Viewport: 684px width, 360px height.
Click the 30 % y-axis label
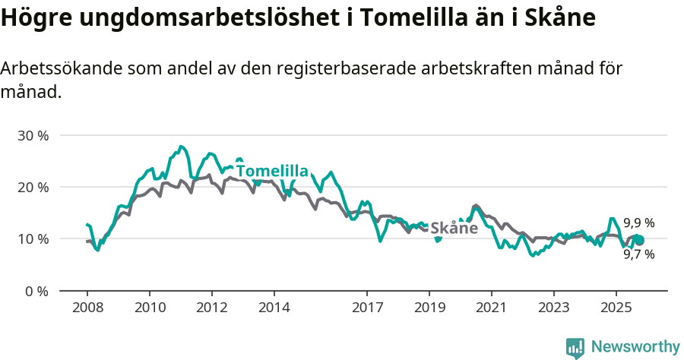(33, 135)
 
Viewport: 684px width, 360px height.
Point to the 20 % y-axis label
(33, 187)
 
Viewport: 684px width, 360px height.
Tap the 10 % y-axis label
(33, 238)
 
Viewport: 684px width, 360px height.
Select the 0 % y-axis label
(36, 291)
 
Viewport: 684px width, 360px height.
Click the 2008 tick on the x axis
(87, 309)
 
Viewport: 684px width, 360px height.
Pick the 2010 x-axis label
(150, 309)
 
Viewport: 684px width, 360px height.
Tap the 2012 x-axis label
(211, 309)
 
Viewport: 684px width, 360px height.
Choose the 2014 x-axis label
(274, 309)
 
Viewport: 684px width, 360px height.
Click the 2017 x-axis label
(367, 309)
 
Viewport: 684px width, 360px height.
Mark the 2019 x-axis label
(429, 309)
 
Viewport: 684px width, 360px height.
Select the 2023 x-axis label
(553, 309)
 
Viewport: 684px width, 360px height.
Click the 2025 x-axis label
(616, 309)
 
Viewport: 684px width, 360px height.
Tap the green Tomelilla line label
(272, 171)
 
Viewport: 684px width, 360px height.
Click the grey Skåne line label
(454, 228)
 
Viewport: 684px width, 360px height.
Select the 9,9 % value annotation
(639, 223)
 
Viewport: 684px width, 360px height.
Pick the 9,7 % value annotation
(639, 254)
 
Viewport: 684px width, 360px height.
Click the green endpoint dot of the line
(639, 240)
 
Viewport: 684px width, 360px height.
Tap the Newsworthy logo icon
(575, 348)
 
